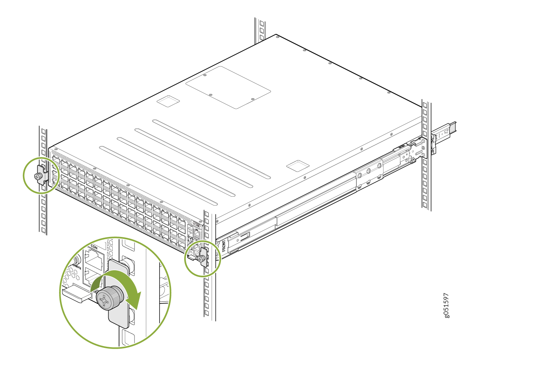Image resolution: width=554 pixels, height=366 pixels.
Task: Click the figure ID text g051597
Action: point(447,305)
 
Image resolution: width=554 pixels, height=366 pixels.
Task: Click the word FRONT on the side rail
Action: point(224,245)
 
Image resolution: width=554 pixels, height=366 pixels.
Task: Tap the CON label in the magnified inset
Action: point(94,247)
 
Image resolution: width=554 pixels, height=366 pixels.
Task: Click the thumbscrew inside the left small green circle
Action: point(38,176)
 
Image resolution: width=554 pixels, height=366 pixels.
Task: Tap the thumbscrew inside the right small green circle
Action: point(201,259)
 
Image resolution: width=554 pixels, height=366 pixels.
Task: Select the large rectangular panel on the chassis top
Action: point(228,87)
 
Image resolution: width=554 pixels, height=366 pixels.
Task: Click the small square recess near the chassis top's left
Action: point(168,101)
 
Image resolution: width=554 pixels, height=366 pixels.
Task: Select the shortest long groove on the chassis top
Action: point(158,175)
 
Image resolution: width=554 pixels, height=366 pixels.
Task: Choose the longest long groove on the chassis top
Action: point(211,149)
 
